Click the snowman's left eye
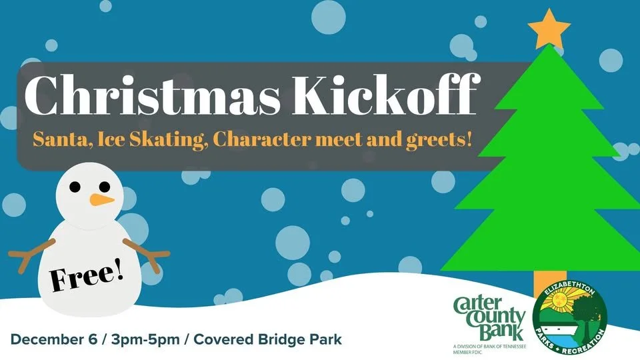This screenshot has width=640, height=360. click(x=77, y=185)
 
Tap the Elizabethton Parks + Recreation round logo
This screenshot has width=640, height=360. click(x=570, y=319)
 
